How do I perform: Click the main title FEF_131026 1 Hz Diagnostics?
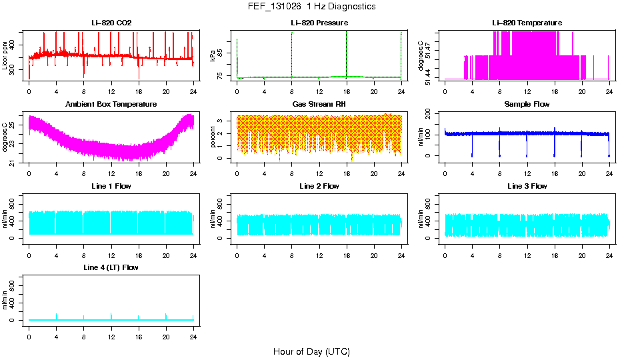(x=311, y=7)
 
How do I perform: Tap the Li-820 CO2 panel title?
(x=111, y=23)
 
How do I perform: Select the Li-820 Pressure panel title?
(x=319, y=23)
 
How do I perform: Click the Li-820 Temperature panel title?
(x=527, y=23)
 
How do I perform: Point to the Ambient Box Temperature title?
(x=111, y=105)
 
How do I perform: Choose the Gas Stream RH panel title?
(x=319, y=105)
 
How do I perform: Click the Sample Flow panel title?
(x=527, y=105)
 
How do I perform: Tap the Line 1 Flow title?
(x=111, y=186)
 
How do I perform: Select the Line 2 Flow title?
(x=319, y=186)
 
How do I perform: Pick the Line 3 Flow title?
(x=527, y=186)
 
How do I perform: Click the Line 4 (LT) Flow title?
(x=111, y=267)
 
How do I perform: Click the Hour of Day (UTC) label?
(x=311, y=351)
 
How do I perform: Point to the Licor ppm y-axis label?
(x=5, y=55)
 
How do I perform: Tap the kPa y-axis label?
(x=213, y=55)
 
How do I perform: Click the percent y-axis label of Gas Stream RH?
(x=213, y=137)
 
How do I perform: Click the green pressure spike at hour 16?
(x=347, y=53)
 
